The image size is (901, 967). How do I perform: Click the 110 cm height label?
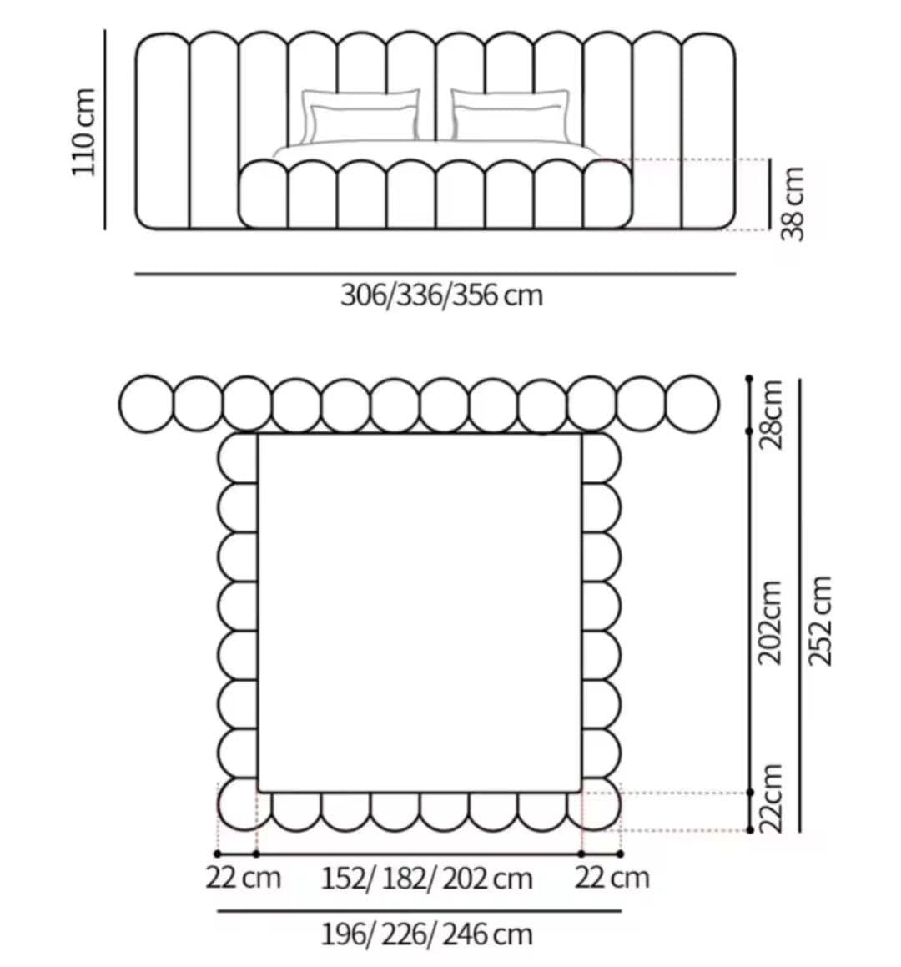tap(84, 132)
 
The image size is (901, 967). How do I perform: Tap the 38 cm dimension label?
tap(793, 204)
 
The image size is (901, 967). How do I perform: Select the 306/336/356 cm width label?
tap(441, 295)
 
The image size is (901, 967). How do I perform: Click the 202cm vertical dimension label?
tap(770, 622)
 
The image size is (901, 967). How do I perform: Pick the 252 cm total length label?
tap(820, 621)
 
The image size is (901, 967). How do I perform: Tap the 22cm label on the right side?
tap(770, 798)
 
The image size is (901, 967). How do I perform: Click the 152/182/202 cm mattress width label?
tap(427, 879)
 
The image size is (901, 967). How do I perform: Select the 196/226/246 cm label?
tap(427, 934)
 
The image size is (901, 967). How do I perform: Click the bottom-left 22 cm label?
tap(243, 878)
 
